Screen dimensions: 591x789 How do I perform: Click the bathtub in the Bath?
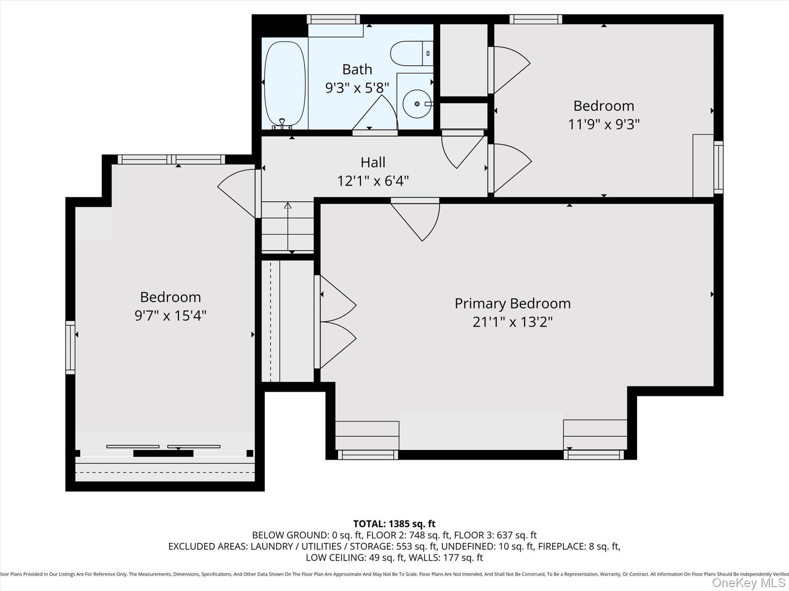click(x=285, y=83)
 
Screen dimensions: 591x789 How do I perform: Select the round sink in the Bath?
click(x=416, y=104)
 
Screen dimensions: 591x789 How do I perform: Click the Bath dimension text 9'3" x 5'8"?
click(x=357, y=88)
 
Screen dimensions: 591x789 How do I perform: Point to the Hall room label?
click(x=373, y=162)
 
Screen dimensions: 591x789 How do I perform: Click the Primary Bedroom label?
click(x=512, y=303)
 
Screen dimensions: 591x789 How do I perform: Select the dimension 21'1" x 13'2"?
click(x=512, y=322)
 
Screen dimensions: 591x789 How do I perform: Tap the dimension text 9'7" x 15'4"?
click(x=170, y=315)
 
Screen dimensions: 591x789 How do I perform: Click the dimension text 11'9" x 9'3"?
click(x=604, y=124)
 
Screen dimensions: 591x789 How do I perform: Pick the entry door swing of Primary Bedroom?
click(x=421, y=221)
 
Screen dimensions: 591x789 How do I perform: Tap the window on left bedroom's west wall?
click(x=70, y=347)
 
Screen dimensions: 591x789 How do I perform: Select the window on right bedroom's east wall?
click(x=718, y=167)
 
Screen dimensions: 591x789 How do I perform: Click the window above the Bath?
click(x=333, y=19)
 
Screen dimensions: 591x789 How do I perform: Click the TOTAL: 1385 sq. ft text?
click(x=394, y=524)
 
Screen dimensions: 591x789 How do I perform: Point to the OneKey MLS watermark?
click(x=748, y=583)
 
